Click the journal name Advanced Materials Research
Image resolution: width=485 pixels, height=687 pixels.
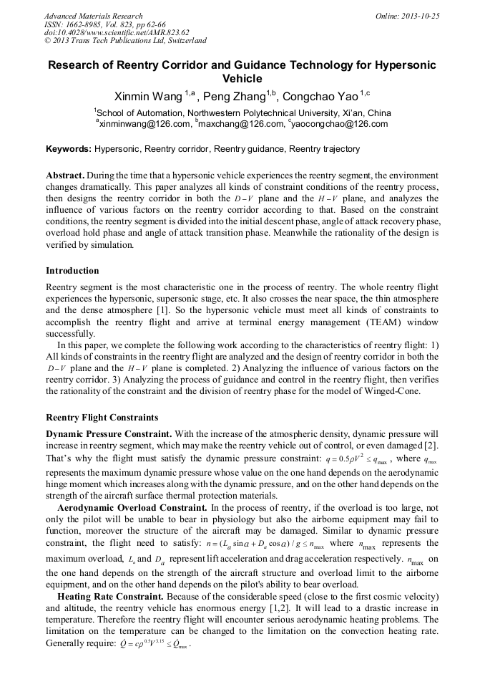coord(93,16)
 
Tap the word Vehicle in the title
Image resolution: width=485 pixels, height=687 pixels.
coord(242,79)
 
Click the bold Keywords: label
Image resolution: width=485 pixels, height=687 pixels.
coord(69,149)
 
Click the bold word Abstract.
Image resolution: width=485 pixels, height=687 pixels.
coord(66,176)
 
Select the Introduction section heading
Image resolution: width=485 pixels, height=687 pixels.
coord(72,271)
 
